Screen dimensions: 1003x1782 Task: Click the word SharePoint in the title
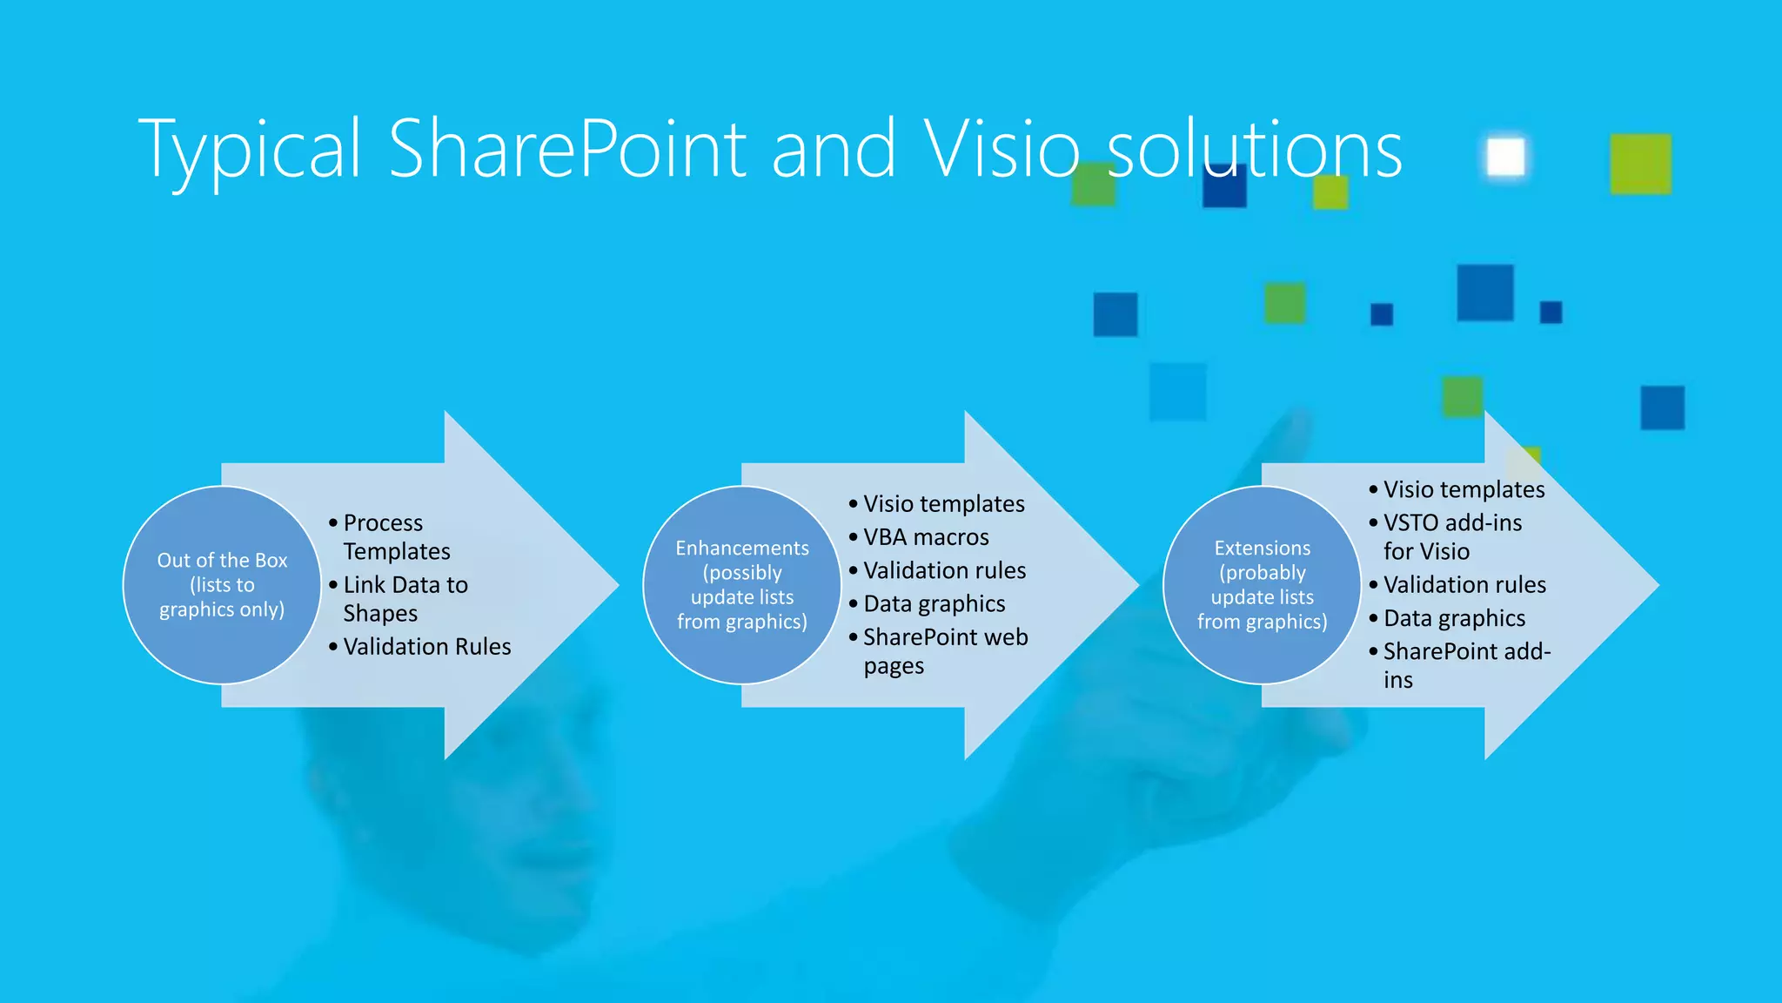click(x=567, y=150)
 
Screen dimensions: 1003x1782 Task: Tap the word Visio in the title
click(x=1002, y=150)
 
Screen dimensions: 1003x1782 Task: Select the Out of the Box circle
click(x=222, y=585)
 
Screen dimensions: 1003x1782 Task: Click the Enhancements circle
click(x=742, y=585)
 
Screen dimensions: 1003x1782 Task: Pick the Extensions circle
click(x=1262, y=585)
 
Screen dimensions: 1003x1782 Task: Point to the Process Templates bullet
click(x=397, y=537)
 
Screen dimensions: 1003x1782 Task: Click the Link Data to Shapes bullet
click(x=405, y=599)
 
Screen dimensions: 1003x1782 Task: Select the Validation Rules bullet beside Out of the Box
click(x=426, y=647)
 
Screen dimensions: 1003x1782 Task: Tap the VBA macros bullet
click(x=926, y=537)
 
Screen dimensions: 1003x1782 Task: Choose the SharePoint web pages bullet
click(x=945, y=651)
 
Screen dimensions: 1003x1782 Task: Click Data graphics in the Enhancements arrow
click(x=934, y=604)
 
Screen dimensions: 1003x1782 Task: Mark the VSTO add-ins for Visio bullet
click(x=1452, y=537)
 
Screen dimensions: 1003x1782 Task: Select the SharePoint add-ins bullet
click(x=1466, y=665)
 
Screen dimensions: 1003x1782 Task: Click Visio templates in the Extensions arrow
click(x=1464, y=489)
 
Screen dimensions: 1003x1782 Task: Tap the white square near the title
click(x=1505, y=158)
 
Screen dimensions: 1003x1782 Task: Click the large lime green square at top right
click(x=1640, y=164)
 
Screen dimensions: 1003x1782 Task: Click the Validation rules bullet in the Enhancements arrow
click(x=944, y=571)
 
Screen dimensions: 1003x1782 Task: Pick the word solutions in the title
click(x=1254, y=150)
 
